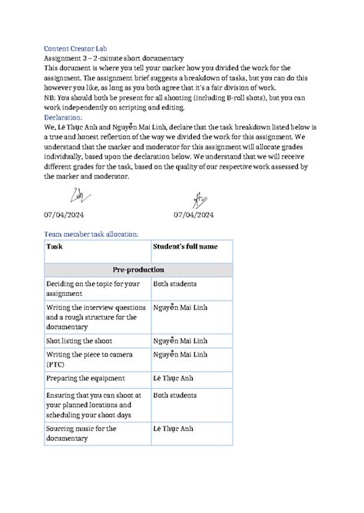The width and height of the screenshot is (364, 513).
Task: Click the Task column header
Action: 55,247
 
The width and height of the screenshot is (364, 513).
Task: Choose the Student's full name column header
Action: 185,247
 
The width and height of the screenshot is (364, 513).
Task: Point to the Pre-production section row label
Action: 138,271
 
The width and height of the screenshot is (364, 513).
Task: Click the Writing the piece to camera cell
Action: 89,354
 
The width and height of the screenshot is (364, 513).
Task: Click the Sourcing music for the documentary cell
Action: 81,433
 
